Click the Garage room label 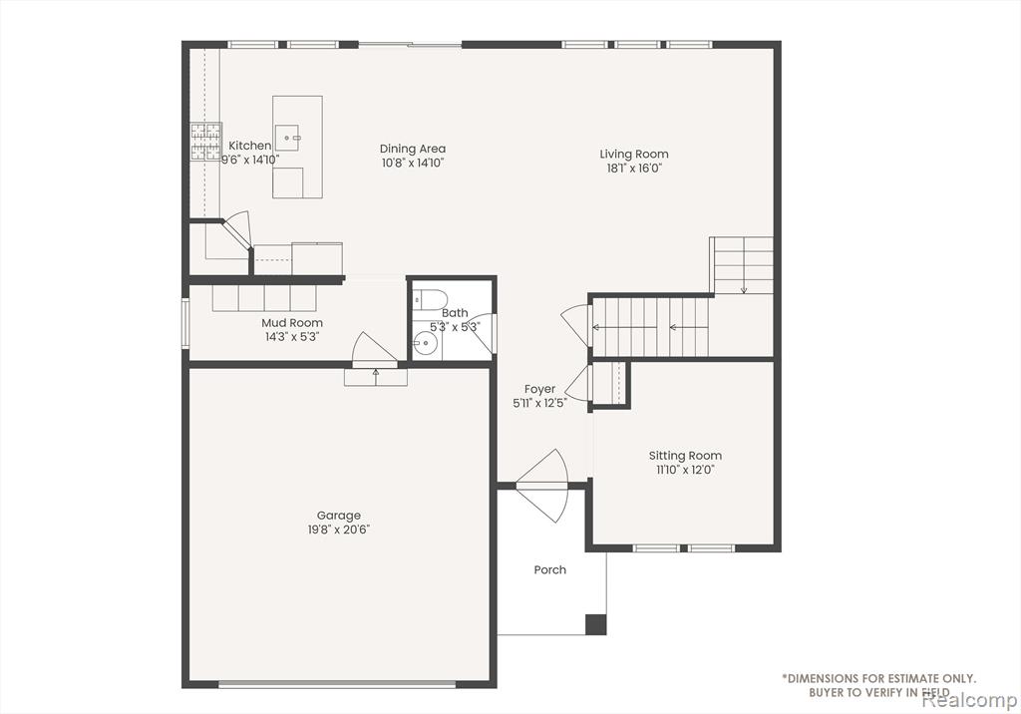point(339,516)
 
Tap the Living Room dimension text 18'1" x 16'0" point(634,169)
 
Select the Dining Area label point(413,149)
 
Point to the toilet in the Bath point(430,299)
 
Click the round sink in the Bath point(426,342)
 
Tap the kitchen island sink point(286,138)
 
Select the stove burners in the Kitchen point(205,142)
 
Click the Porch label point(550,570)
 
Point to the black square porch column point(596,624)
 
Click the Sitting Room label point(685,456)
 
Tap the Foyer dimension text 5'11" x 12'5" point(539,403)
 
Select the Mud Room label point(292,322)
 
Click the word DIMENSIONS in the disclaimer point(822,679)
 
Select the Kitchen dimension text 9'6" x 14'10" point(250,160)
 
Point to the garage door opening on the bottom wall point(337,684)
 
